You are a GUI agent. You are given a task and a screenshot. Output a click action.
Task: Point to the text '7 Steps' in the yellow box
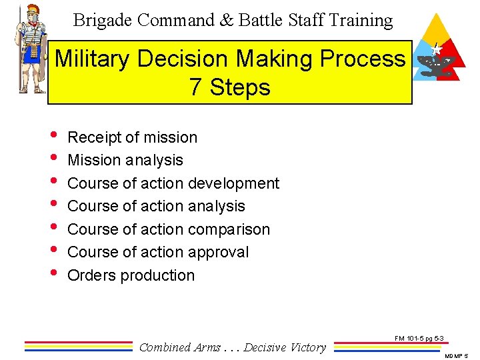pyautogui.click(x=230, y=87)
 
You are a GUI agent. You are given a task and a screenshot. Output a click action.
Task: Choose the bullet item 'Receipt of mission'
pyautogui.click(x=133, y=137)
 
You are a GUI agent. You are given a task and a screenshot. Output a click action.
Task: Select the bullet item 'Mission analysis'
pyautogui.click(x=125, y=160)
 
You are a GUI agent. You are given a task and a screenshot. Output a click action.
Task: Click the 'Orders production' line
pyautogui.click(x=131, y=275)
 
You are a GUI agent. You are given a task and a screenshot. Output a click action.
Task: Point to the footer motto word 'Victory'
pyautogui.click(x=306, y=347)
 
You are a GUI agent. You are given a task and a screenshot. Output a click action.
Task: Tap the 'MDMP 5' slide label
pyautogui.click(x=458, y=355)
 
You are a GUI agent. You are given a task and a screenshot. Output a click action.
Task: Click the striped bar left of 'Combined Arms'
pyautogui.click(x=79, y=346)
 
